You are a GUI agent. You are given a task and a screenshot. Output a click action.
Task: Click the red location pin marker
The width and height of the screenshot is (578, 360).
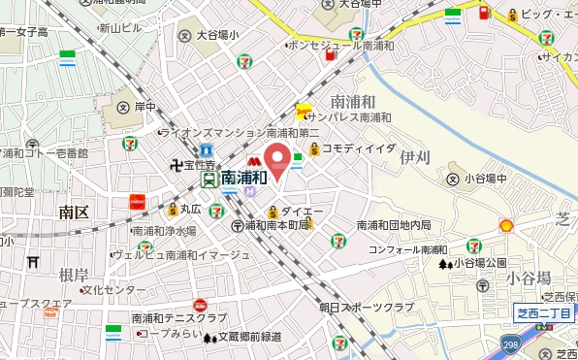pos(278,160)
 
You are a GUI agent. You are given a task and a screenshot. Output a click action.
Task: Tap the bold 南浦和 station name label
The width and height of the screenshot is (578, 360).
pos(243,179)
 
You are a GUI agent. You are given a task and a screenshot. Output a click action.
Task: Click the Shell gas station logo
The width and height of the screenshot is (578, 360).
pos(505,225)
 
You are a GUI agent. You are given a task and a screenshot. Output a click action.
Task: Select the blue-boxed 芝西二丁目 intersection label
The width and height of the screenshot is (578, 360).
pos(544,311)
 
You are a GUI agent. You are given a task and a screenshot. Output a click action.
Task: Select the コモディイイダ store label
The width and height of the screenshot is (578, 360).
pos(358,147)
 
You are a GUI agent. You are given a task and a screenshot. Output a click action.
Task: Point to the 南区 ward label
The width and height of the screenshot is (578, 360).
pos(73,211)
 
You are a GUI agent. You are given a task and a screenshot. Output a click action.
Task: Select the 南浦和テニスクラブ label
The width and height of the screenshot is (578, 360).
pos(178,318)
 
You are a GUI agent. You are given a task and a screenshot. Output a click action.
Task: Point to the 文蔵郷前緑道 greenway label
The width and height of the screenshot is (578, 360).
pos(247,337)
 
